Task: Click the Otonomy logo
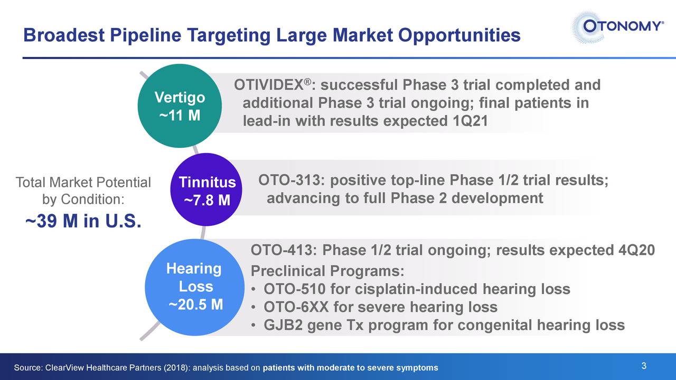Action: [x=617, y=27]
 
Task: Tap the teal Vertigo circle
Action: [x=180, y=106]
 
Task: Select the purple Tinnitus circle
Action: [x=206, y=189]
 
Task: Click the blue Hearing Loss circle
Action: [x=195, y=287]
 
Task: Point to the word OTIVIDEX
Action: [x=269, y=85]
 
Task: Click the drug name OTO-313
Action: [x=289, y=180]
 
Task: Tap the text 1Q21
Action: [x=470, y=121]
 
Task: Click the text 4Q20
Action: [x=636, y=250]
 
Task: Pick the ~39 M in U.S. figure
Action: [x=83, y=221]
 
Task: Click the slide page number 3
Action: [x=644, y=366]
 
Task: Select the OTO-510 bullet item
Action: [x=417, y=289]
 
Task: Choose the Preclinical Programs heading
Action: [x=327, y=271]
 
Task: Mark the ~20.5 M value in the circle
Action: [x=195, y=305]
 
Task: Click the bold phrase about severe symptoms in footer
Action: [x=350, y=368]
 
